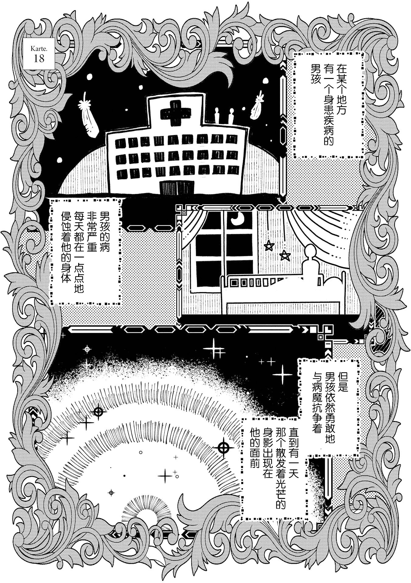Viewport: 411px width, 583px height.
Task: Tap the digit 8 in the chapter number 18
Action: click(42, 58)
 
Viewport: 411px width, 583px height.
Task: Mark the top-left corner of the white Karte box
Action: click(23, 38)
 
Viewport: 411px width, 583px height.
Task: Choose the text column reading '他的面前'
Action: click(254, 452)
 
